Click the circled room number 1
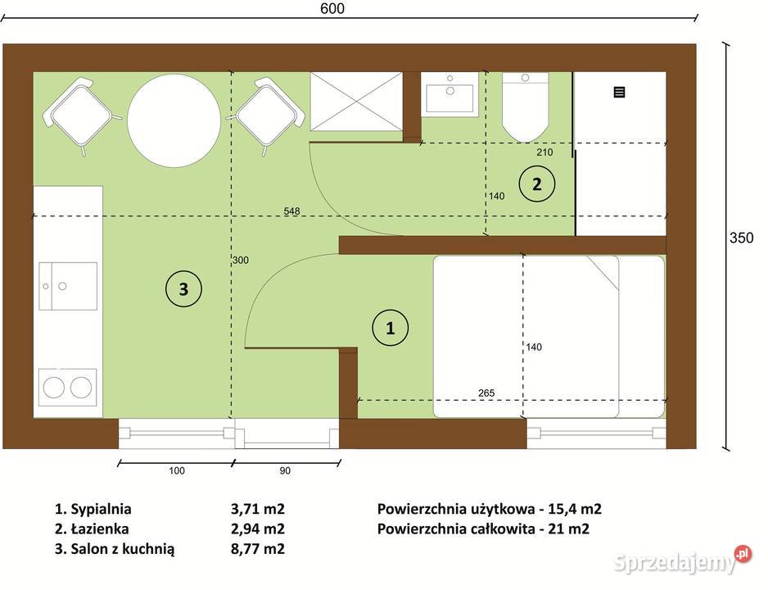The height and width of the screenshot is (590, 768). tap(391, 328)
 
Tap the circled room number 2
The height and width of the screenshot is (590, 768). tap(536, 184)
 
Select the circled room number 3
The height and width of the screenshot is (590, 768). tap(183, 288)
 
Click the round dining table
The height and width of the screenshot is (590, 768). tap(174, 120)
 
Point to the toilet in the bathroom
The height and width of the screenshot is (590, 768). tap(525, 107)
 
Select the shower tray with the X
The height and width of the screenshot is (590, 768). tap(357, 101)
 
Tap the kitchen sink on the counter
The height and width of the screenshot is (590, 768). tap(69, 285)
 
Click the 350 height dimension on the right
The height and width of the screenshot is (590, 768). tap(742, 238)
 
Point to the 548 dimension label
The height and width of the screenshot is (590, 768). tap(292, 211)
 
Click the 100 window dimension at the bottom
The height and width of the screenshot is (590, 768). tap(177, 471)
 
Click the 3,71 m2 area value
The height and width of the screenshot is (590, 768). tap(257, 509)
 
